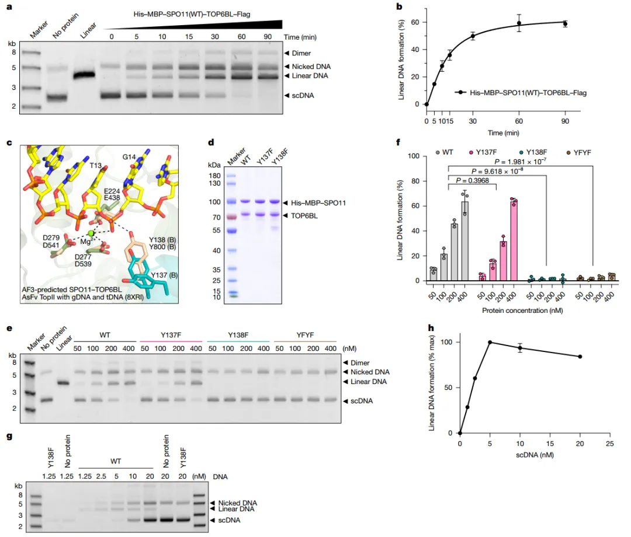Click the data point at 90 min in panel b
tap(566, 24)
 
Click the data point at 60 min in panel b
tap(519, 23)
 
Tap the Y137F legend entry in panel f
tap(486, 152)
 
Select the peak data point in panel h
tap(490, 342)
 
